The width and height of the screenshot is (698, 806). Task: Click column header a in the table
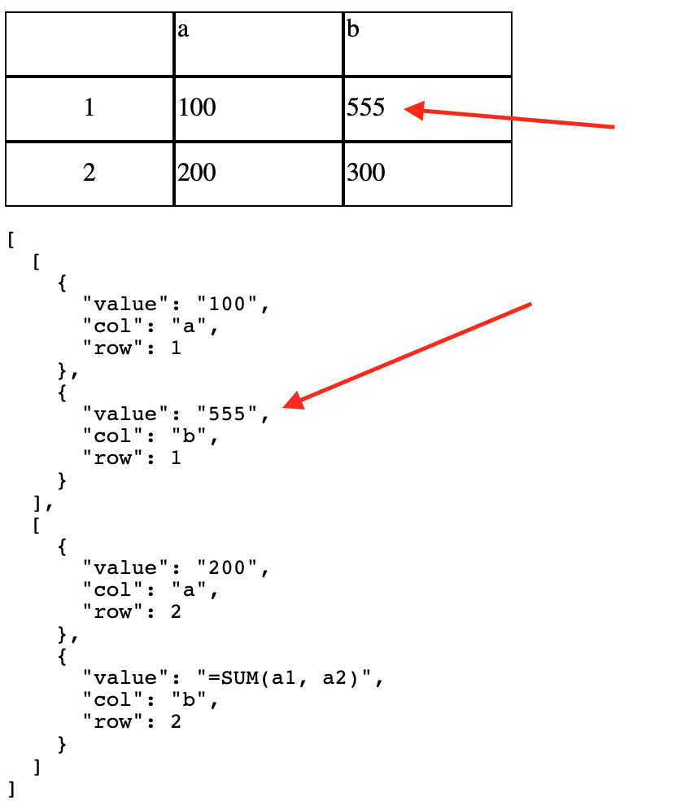(183, 31)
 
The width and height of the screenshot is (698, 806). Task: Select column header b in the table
(353, 31)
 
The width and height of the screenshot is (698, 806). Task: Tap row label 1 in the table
(89, 108)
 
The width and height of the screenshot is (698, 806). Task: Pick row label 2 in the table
(89, 173)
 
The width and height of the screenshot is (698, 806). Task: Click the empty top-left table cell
(89, 44)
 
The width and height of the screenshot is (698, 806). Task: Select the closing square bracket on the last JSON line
(11, 788)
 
